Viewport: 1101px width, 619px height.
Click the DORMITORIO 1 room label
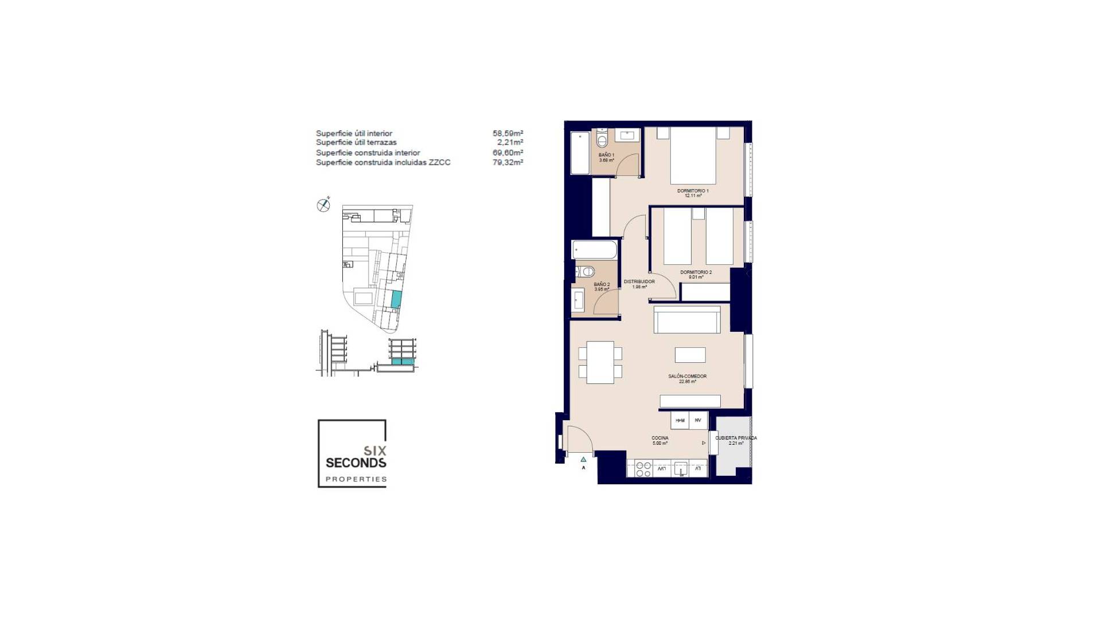(x=693, y=191)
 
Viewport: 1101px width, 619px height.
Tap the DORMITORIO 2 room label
(x=696, y=272)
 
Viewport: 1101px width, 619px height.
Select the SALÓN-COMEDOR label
(x=687, y=377)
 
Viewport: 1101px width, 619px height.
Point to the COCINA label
(x=659, y=438)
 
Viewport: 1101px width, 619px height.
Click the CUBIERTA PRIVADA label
(x=736, y=438)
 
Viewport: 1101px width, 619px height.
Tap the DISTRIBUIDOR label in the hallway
(x=639, y=282)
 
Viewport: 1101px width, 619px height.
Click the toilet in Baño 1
(x=602, y=139)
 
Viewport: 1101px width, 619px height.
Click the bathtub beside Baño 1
(x=580, y=153)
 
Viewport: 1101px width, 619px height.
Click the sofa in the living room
(x=687, y=319)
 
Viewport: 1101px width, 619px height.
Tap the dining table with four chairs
(x=600, y=362)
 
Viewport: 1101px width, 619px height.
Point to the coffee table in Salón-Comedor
(x=690, y=355)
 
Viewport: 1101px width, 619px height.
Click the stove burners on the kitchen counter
(x=643, y=469)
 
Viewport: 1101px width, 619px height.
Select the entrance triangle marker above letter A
(x=583, y=459)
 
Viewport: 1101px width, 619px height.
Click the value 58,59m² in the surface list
(x=507, y=134)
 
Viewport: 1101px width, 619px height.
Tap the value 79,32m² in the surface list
(x=507, y=162)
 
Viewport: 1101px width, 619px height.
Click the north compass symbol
(x=323, y=205)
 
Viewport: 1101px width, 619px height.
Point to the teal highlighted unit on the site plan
(x=396, y=299)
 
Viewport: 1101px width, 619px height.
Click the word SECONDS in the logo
(x=356, y=463)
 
